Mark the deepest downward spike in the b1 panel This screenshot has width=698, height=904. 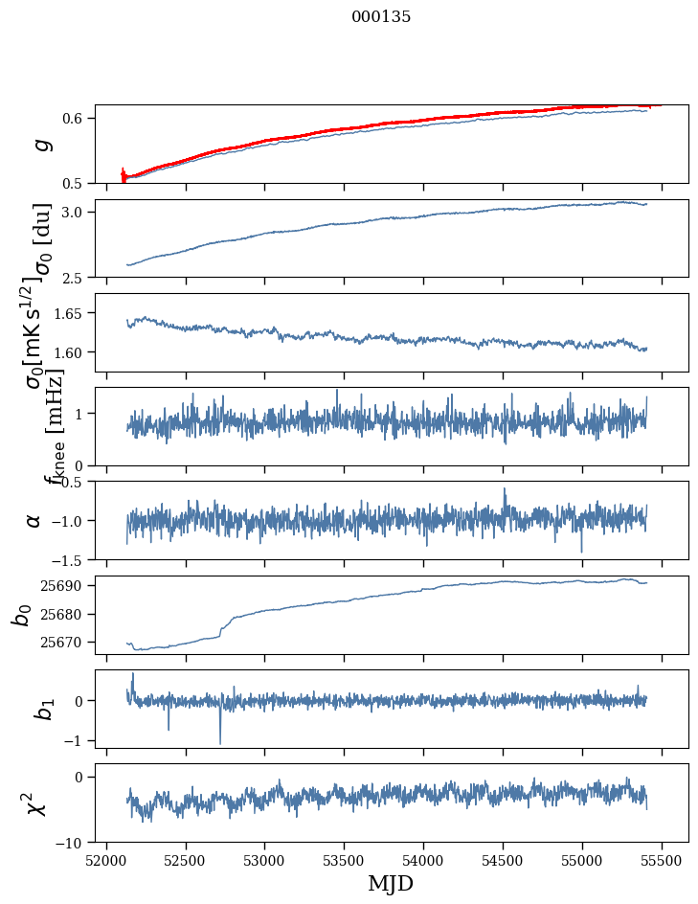pos(220,743)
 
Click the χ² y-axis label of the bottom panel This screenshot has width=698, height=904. pos(34,802)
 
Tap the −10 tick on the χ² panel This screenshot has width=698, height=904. pos(71,843)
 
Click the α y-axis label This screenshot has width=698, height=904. pos(34,520)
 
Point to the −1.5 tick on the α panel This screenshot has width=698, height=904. pos(71,559)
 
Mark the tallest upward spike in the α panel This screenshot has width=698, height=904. pos(505,488)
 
